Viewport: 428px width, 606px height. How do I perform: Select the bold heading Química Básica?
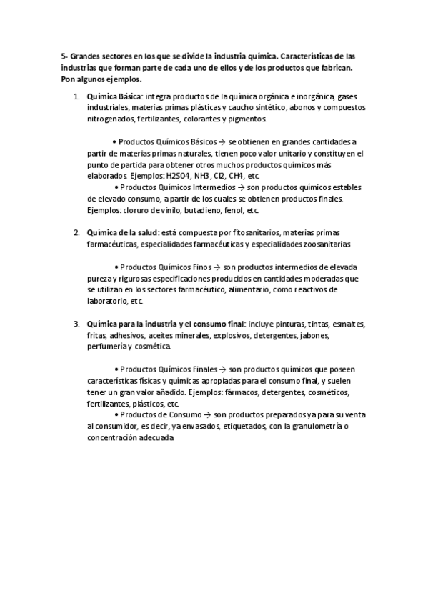114,96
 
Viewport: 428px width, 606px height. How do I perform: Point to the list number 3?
76,324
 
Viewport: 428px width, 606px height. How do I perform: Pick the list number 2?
76,233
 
